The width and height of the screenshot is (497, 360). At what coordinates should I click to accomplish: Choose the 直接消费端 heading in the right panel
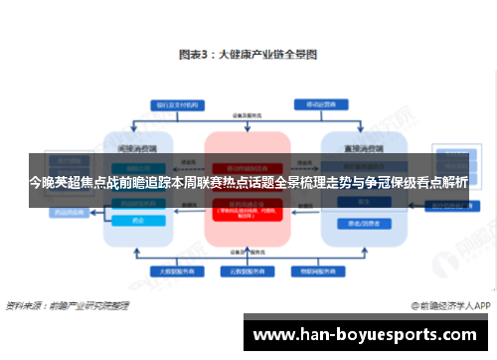pos(363,146)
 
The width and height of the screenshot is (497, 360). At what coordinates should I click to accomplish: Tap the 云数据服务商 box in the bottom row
pos(248,270)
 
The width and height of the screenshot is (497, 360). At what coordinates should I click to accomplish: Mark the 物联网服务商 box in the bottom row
pos(322,270)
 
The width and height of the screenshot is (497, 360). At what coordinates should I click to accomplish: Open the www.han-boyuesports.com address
pos(370,334)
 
